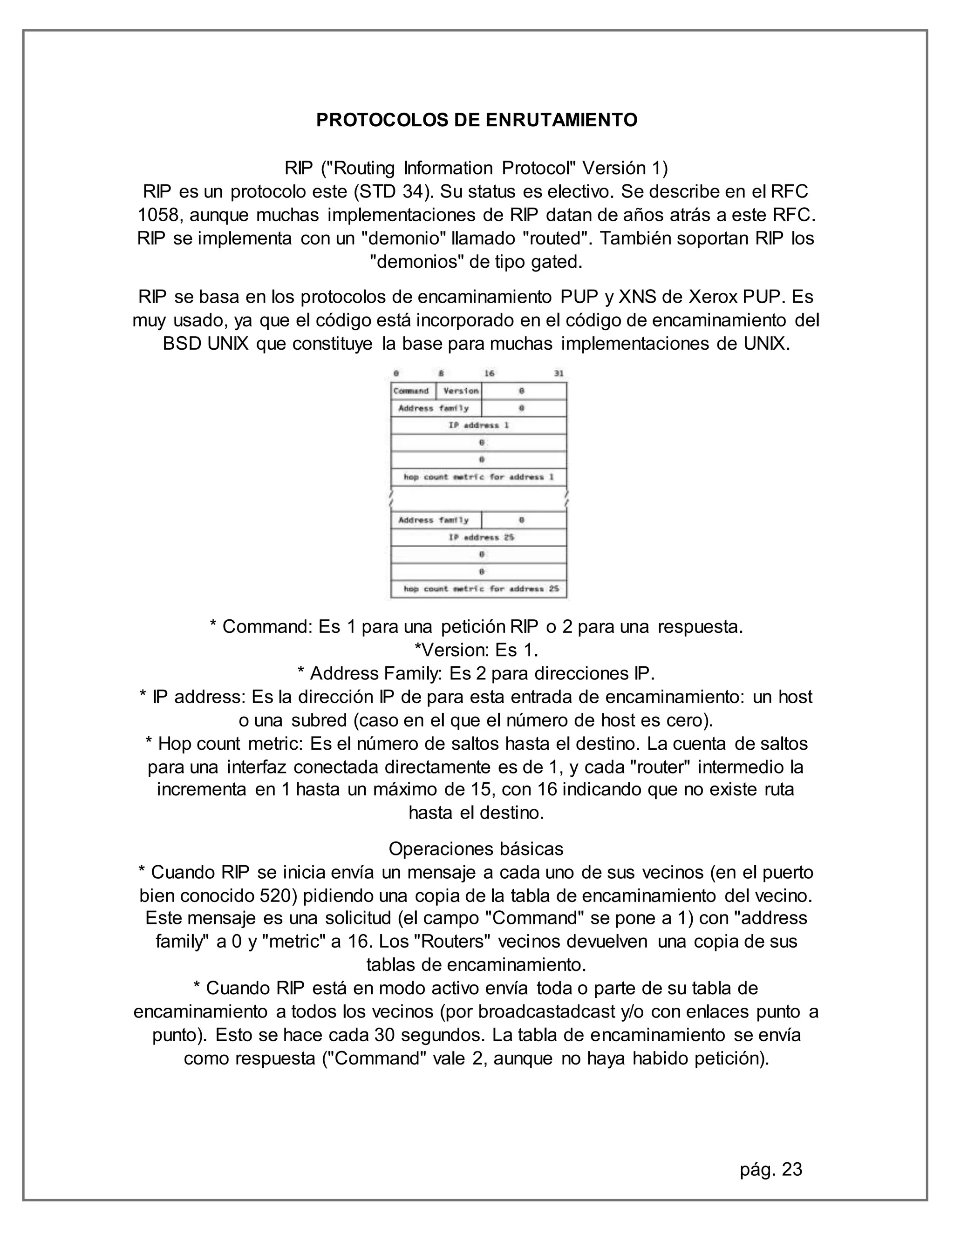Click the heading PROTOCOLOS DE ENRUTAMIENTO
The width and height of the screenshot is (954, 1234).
477,120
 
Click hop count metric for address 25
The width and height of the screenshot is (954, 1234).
480,589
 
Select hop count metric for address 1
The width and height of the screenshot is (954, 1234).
478,477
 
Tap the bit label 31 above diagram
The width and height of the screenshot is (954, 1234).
559,373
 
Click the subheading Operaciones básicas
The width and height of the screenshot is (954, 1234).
476,848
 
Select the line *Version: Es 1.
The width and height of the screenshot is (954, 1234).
476,651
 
